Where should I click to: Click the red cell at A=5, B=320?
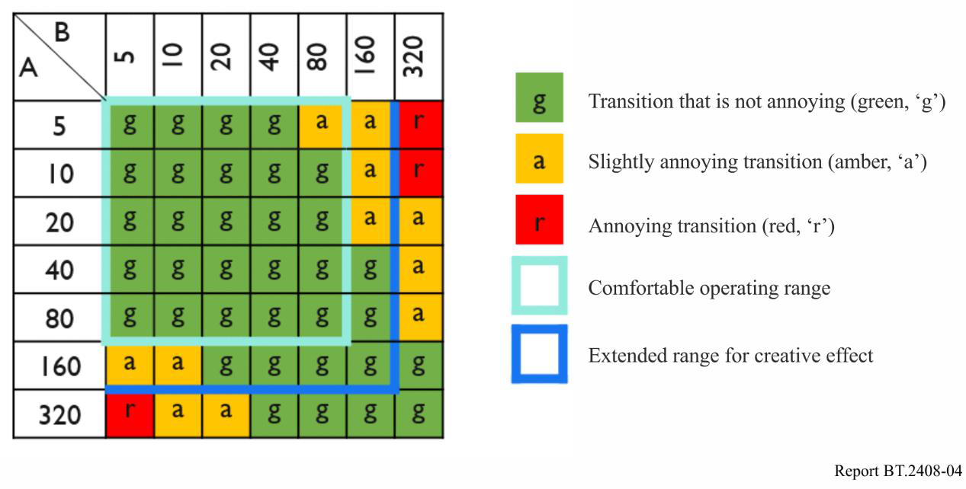tap(421, 125)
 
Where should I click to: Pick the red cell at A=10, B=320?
tap(421, 173)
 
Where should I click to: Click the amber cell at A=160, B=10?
tap(178, 365)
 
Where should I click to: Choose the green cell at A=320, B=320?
tap(419, 414)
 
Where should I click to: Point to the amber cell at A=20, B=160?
tap(371, 222)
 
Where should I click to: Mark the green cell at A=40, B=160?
tap(371, 270)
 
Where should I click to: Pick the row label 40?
tap(59, 270)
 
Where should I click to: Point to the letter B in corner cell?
tap(63, 32)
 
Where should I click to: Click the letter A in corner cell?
tap(28, 68)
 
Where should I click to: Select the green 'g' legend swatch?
tap(539, 97)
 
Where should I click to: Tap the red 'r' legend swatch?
tap(539, 219)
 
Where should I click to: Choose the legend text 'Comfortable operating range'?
tap(709, 288)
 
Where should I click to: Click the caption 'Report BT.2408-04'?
tap(898, 471)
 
